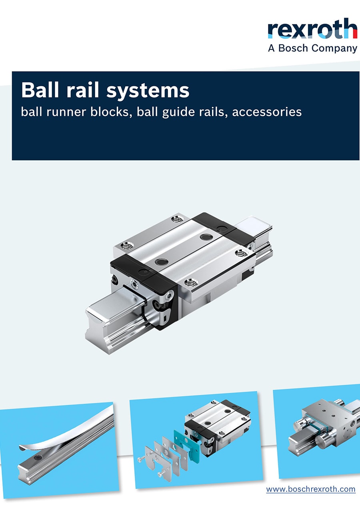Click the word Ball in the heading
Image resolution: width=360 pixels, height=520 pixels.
pos(40,90)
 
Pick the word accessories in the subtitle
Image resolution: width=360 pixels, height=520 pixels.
pos(267,112)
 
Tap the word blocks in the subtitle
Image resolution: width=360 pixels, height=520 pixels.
pos(112,112)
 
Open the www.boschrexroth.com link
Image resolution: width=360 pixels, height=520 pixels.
pos(311,489)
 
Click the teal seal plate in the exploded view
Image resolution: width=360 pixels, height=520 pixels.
pos(187,444)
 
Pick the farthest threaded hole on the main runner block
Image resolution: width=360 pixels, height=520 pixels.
pos(177,219)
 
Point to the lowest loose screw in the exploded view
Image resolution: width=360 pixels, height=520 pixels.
pos(162,473)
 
